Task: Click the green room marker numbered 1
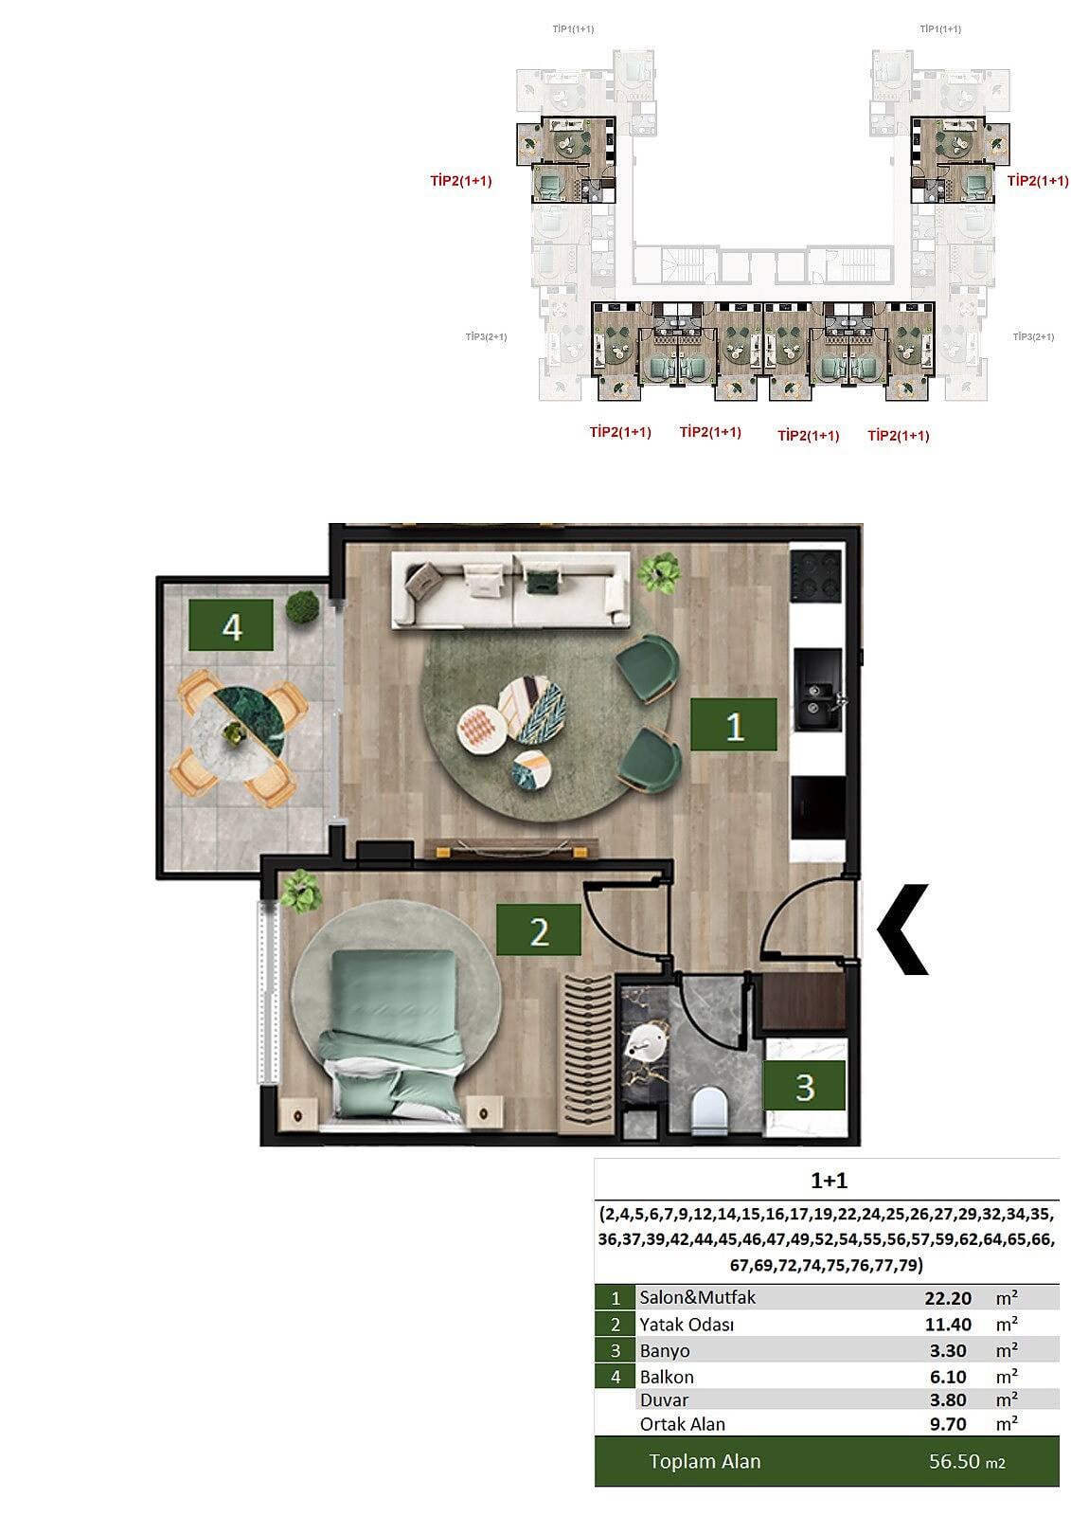tap(733, 725)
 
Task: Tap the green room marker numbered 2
tap(539, 929)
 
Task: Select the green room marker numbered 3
tap(805, 1086)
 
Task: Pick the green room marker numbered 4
tap(231, 625)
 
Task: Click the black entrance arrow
tap(902, 929)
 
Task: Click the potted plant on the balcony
tap(302, 607)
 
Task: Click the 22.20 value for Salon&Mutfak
tap(947, 1298)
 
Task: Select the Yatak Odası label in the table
tap(686, 1325)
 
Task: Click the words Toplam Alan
tap(705, 1462)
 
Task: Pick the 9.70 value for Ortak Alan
tap(947, 1424)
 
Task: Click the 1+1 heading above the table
tap(829, 1181)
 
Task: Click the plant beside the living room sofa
tap(657, 572)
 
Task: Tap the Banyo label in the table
tap(665, 1351)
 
